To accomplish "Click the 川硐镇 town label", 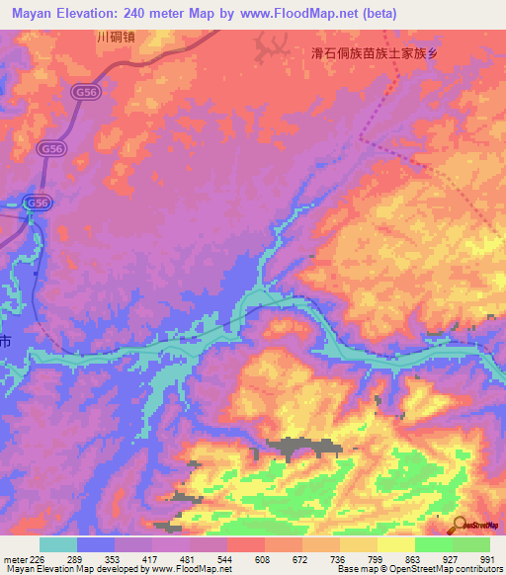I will (x=117, y=38).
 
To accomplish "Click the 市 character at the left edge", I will (x=6, y=342).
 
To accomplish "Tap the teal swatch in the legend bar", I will (x=58, y=543).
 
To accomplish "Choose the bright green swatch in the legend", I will (x=433, y=543).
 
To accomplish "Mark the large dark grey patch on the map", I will (x=296, y=448).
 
